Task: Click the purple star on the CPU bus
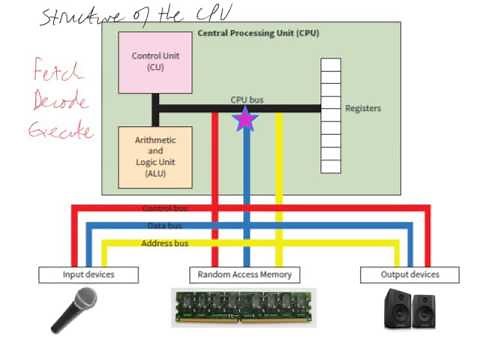pyautogui.click(x=245, y=119)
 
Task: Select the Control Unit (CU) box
pyautogui.click(x=151, y=61)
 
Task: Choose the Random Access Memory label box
pyautogui.click(x=245, y=274)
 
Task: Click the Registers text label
pyautogui.click(x=362, y=108)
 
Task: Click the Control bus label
pyautogui.click(x=164, y=208)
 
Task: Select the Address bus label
pyautogui.click(x=163, y=242)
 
